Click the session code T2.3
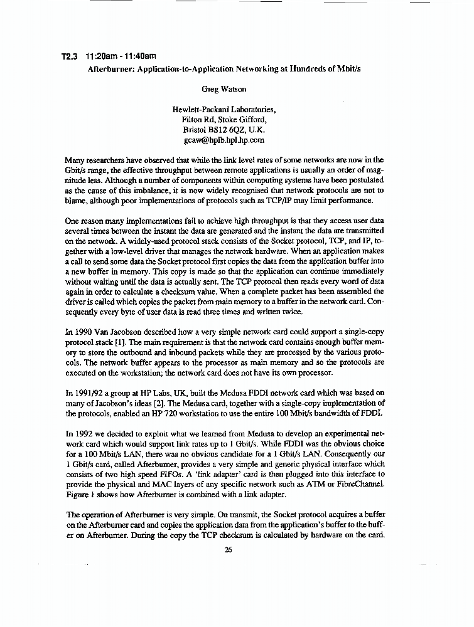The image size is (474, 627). (x=69, y=56)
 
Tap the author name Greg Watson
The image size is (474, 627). (x=224, y=89)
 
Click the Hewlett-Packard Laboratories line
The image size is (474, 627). (x=224, y=110)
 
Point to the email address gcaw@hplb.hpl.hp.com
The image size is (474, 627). (x=224, y=140)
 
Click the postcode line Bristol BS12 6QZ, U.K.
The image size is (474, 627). (x=224, y=130)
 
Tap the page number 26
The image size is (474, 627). (x=228, y=550)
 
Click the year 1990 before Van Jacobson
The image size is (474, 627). (x=85, y=333)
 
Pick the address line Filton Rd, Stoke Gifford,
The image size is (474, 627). (x=224, y=120)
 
